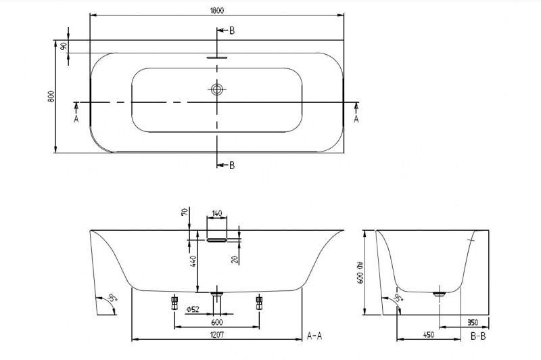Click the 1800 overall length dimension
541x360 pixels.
216,9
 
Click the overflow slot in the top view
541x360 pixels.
217,58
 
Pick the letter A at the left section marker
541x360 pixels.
76,119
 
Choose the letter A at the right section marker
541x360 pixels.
356,119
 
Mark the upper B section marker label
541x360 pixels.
232,31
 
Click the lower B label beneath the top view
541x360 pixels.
232,165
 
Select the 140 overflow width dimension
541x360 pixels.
216,213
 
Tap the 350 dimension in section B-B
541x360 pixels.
473,323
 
